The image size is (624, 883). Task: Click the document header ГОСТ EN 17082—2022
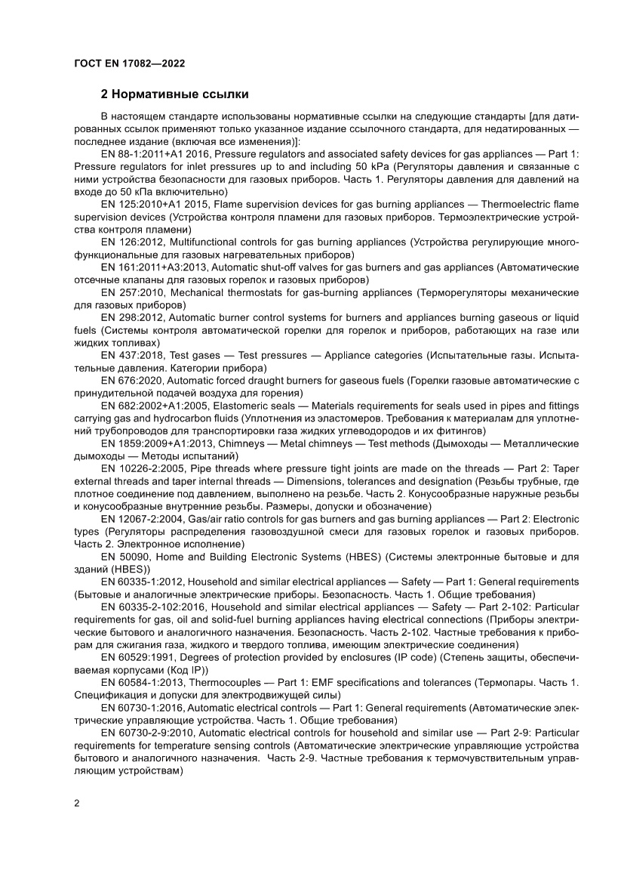point(129,64)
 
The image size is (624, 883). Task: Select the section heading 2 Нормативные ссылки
point(175,95)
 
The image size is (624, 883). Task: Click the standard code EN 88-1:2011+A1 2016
point(155,153)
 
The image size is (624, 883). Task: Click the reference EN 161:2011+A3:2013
point(153,267)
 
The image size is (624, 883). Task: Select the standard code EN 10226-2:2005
point(143,471)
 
